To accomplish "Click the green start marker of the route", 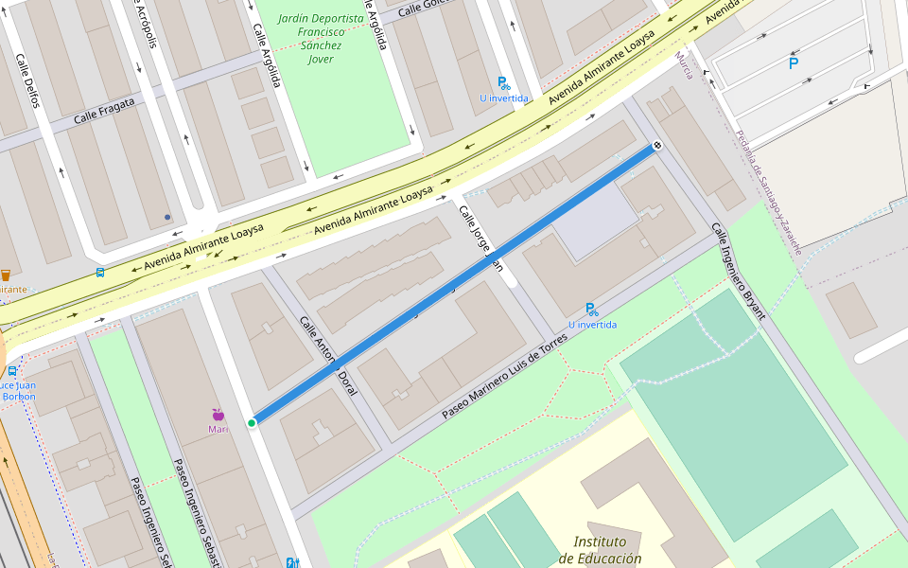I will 252,422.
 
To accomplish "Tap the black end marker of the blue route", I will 656,147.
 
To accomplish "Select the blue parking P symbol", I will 793,64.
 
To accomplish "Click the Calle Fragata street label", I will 104,111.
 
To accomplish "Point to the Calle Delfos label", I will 27,80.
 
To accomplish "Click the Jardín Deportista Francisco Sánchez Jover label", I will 321,39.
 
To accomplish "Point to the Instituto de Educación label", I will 600,550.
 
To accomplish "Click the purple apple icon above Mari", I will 218,415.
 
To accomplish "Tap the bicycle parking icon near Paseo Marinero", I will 591,310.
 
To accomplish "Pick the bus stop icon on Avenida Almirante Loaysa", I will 99,273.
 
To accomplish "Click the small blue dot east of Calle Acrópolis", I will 167,217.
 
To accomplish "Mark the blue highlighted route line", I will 454,285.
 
